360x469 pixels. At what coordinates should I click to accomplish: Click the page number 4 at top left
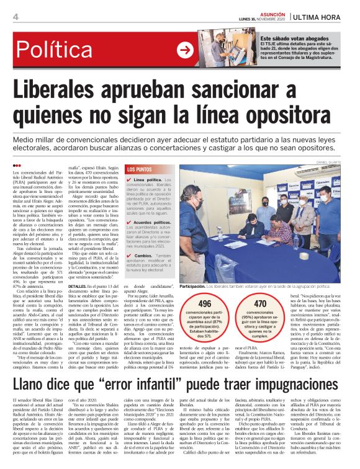[15, 17]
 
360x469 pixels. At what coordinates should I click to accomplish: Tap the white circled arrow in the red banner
[185, 51]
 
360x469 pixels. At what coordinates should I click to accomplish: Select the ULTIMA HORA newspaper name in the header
[325, 16]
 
